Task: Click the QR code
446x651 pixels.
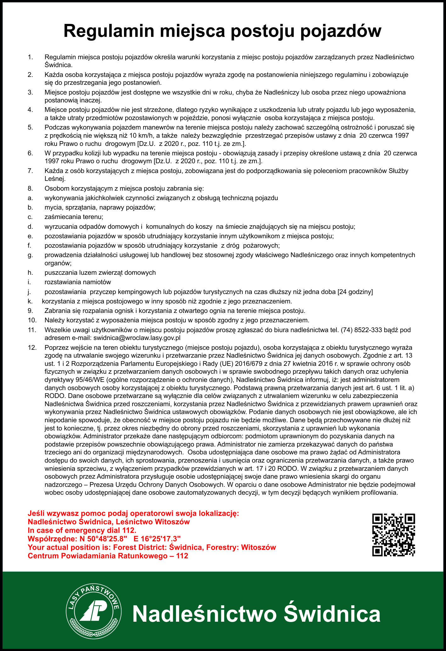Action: pyautogui.click(x=394, y=535)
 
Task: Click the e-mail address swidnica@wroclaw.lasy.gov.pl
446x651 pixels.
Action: pyautogui.click(x=137, y=338)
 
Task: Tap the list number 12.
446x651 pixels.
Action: pyautogui.click(x=32, y=348)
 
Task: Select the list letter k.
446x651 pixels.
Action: pyautogui.click(x=30, y=301)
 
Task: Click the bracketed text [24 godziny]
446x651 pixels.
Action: pyautogui.click(x=355, y=291)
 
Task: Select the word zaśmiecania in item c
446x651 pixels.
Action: pyautogui.click(x=63, y=217)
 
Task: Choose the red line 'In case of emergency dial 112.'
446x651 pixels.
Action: pyautogui.click(x=82, y=530)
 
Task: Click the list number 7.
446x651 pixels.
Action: pyautogui.click(x=30, y=171)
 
